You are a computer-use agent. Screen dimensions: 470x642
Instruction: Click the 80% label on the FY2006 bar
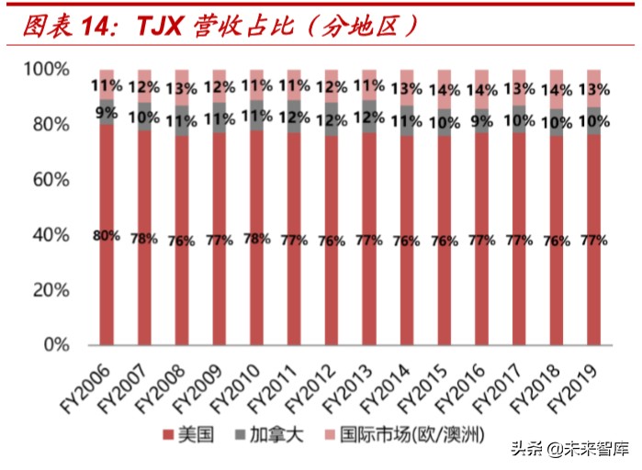(107, 236)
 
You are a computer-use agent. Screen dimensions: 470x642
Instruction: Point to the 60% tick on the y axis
(47, 180)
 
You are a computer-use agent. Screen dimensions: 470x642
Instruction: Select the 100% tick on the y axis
(44, 69)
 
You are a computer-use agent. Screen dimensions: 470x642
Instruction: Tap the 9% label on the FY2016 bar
(481, 119)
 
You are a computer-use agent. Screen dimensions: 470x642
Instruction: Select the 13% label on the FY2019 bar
(593, 89)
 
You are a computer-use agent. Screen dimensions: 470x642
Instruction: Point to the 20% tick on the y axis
(47, 290)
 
